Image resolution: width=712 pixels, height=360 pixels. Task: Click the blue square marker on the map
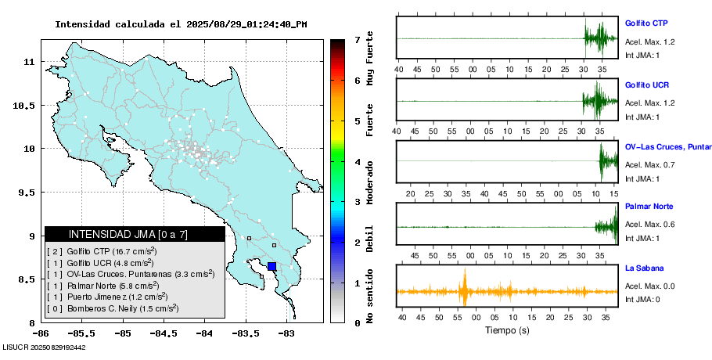click(x=271, y=266)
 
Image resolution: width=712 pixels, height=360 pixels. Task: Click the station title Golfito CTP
click(x=646, y=23)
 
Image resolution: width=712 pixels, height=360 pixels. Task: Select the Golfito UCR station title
click(x=646, y=85)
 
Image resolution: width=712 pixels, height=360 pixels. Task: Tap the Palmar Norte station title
click(x=649, y=207)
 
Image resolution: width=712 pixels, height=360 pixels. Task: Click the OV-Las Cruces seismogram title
click(x=667, y=146)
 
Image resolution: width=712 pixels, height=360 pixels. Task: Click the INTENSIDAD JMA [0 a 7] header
click(x=135, y=234)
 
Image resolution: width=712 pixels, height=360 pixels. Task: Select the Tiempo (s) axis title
click(x=507, y=330)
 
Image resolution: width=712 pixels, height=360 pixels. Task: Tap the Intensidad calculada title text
click(x=181, y=24)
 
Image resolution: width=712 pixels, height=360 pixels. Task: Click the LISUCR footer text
click(x=44, y=347)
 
